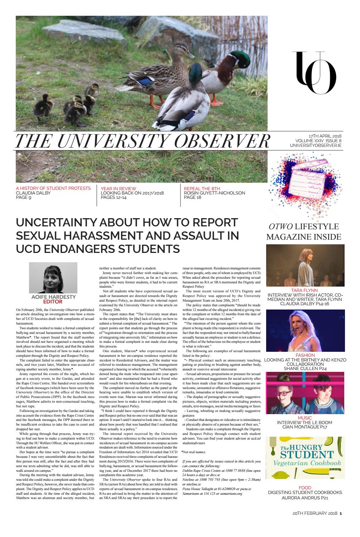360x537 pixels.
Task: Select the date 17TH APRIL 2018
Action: pos(325,136)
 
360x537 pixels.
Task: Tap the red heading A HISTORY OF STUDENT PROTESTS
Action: pos(53,188)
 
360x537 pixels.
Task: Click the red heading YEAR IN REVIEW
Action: pos(119,188)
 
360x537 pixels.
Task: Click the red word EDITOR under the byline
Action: pos(53,302)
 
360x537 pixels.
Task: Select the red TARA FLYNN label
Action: pos(305,290)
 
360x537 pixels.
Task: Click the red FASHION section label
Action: pos(305,355)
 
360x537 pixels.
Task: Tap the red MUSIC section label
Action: pos(305,418)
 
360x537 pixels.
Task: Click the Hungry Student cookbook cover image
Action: pos(305,459)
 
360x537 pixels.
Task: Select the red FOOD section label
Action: pos(305,488)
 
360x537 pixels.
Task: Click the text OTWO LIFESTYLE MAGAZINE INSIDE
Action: pos(305,231)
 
